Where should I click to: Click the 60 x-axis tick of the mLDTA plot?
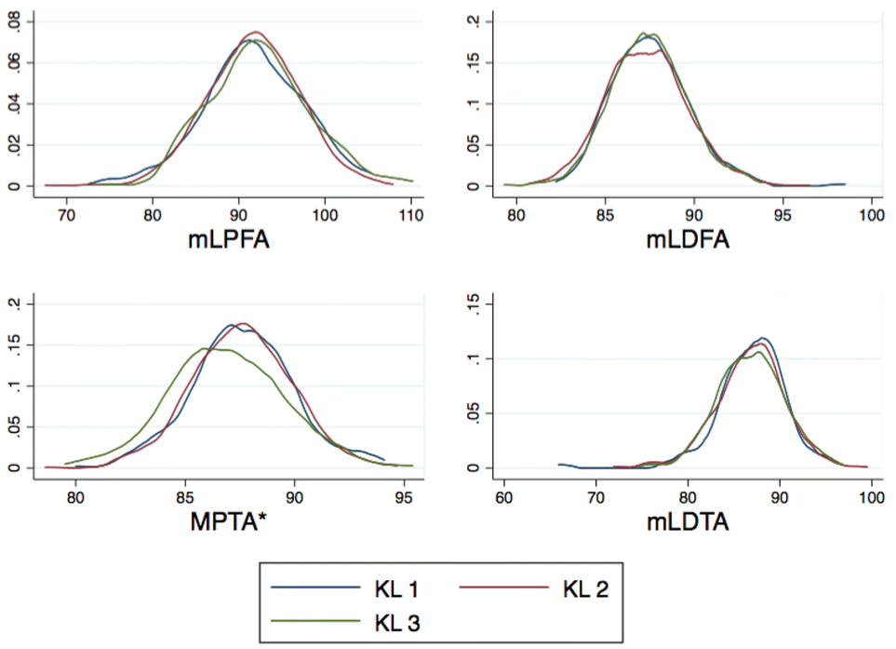(x=504, y=496)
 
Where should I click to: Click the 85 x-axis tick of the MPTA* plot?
(x=185, y=496)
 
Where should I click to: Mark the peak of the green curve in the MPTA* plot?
(x=205, y=349)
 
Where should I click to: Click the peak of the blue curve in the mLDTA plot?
(x=763, y=337)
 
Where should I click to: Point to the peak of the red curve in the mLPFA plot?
(x=255, y=32)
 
